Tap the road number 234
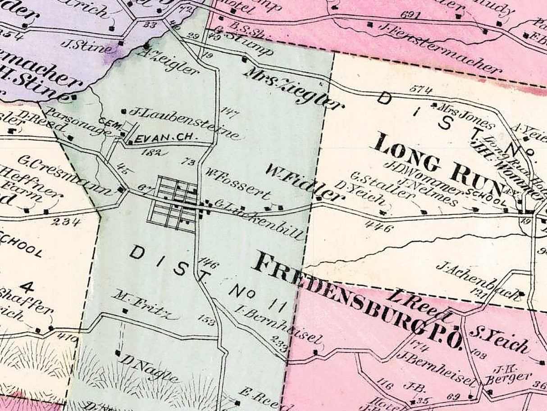pyautogui.click(x=66, y=221)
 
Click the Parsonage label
pyautogui.click(x=78, y=122)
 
